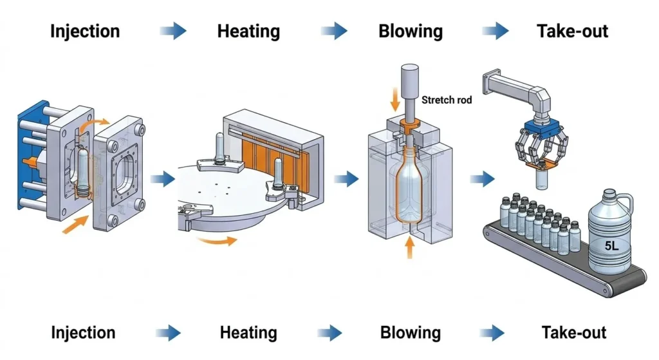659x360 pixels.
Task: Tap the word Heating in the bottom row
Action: click(248, 333)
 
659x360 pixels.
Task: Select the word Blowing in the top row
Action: click(411, 30)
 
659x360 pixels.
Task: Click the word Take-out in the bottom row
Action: click(574, 333)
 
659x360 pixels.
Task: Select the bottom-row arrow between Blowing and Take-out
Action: click(494, 333)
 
